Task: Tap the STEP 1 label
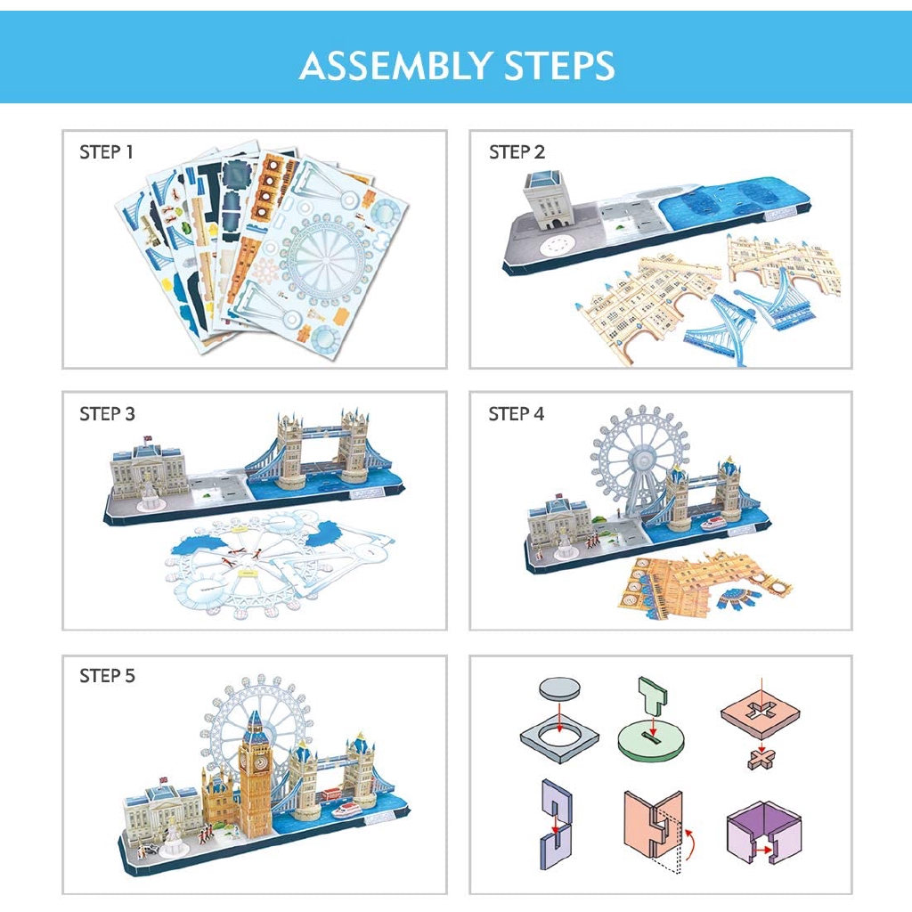(x=106, y=152)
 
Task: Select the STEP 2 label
(x=517, y=152)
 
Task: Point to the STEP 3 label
(x=107, y=414)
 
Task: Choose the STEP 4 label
(x=517, y=414)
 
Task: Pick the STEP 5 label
(x=107, y=676)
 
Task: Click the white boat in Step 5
(x=348, y=810)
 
